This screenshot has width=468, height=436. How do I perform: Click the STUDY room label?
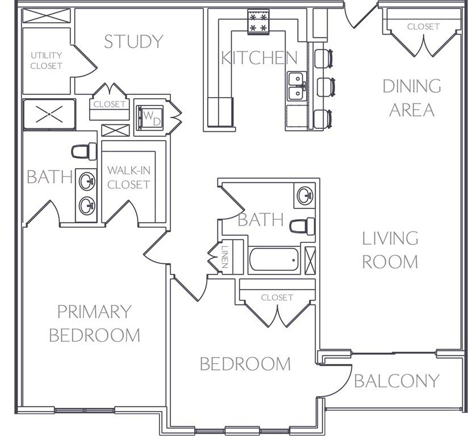point(133,41)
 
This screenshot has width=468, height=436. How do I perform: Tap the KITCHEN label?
point(259,57)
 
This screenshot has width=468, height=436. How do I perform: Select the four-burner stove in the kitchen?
point(258,22)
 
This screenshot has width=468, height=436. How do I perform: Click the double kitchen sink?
point(297,86)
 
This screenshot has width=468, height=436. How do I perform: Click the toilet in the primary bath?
point(84,152)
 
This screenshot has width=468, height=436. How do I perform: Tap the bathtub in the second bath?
point(274,259)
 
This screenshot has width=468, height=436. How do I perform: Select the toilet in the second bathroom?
point(302,226)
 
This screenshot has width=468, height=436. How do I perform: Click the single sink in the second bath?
point(305,196)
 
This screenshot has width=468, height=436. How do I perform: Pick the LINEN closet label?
point(225,257)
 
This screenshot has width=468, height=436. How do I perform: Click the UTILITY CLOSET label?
point(47,61)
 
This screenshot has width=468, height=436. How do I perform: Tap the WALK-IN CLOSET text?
point(128,178)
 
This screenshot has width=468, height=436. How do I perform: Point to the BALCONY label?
point(396,381)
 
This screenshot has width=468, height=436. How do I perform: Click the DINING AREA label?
point(412,98)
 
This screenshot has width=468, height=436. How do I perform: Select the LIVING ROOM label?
point(390,250)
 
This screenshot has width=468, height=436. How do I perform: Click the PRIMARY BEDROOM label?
point(95,324)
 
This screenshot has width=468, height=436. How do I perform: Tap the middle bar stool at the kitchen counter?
point(326,87)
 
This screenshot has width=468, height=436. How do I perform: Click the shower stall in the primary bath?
point(49,115)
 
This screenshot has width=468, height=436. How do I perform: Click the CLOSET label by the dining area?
point(423,27)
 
